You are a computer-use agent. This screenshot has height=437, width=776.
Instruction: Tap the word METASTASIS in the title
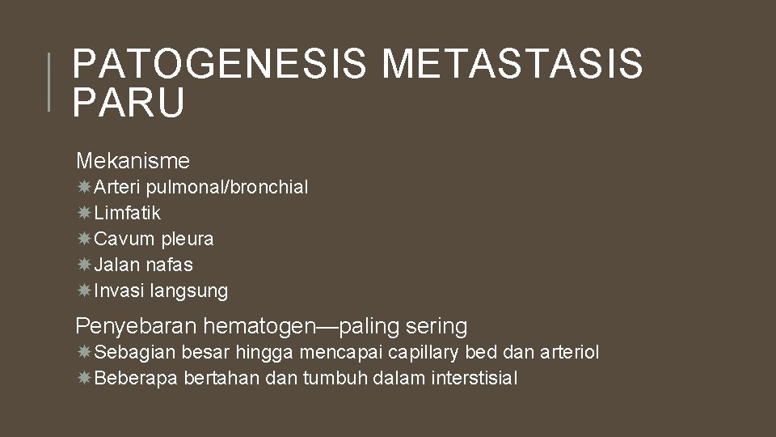point(512,64)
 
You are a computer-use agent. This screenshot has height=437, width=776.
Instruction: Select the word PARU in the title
point(129,103)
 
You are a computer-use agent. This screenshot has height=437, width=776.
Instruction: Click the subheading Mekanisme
point(133,160)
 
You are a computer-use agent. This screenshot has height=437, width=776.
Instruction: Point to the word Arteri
point(119,188)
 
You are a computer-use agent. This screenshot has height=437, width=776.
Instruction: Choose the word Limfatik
point(128,214)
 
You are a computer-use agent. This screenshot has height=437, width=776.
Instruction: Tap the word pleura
point(188,240)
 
